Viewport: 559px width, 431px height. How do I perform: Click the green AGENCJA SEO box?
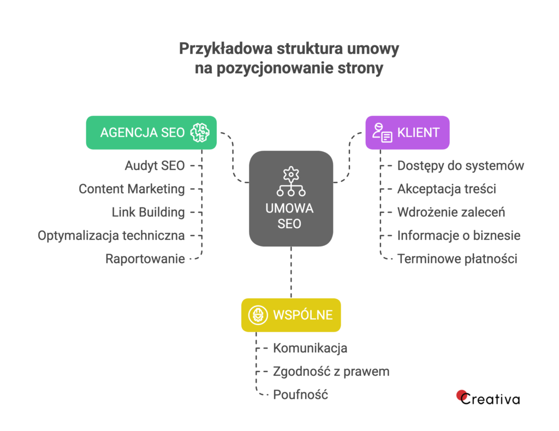[151, 132]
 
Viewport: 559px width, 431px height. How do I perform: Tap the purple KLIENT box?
[407, 132]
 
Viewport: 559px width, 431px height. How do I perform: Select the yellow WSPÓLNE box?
[291, 315]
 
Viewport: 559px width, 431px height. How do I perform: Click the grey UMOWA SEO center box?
[291, 198]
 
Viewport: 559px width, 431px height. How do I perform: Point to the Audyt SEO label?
[154, 166]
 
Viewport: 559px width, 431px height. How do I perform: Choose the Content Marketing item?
[132, 189]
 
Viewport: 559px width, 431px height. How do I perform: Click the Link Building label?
[148, 212]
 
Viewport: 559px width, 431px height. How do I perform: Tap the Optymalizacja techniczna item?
[111, 235]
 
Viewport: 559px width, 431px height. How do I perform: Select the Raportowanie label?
[145, 259]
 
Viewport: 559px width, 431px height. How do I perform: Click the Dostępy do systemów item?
[461, 166]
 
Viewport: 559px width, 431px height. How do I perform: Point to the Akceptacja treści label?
[447, 189]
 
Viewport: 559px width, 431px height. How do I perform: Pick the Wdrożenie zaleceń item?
[451, 212]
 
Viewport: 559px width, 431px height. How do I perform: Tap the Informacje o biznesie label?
[459, 235]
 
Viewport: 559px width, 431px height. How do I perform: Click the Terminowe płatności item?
[457, 259]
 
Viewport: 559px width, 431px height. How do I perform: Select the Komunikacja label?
[310, 348]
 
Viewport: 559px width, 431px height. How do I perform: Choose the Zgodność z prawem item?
[331, 371]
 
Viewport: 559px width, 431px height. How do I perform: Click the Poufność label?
[300, 394]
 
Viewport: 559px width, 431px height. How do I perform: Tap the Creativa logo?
[488, 398]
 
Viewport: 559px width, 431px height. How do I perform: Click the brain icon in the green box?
[200, 132]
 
